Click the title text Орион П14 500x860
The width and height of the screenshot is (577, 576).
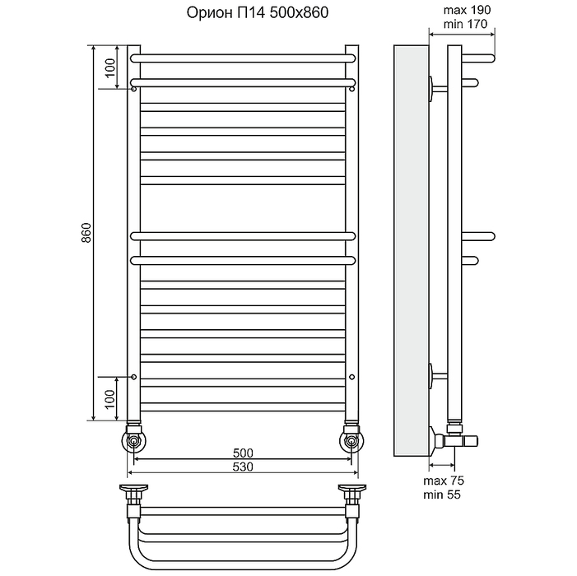coord(257,13)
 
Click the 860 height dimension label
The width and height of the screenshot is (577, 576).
coord(86,233)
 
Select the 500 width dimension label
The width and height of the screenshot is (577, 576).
coord(243,453)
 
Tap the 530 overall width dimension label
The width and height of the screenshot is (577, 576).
coord(243,467)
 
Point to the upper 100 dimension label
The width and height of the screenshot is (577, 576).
coord(110,68)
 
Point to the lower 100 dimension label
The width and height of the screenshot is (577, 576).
coord(110,399)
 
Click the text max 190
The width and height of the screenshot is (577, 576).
coord(467,10)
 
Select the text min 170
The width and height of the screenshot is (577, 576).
coord(465,24)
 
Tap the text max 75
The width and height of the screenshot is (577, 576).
coord(444,481)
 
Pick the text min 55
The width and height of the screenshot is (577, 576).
coord(441,495)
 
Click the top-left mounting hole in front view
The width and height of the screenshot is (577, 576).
coord(134,89)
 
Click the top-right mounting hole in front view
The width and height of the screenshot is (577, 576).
coord(352,89)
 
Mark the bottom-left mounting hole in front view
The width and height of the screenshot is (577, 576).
coord(134,377)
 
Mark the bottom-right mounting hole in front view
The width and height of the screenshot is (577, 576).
coord(352,377)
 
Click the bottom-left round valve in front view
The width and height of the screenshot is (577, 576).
coord(134,440)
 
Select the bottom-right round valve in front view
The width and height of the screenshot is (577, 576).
coord(352,440)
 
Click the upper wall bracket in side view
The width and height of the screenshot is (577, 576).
coord(438,89)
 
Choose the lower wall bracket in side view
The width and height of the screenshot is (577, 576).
coord(438,376)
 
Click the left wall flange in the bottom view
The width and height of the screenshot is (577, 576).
coord(133,489)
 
